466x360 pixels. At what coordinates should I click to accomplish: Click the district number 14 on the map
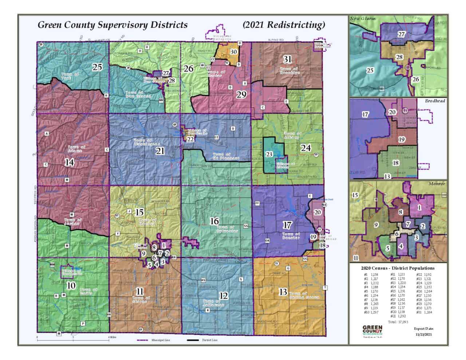tap(70, 162)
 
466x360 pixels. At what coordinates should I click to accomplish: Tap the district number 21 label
tap(161, 151)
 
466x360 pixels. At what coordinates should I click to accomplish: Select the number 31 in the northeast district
tap(288, 59)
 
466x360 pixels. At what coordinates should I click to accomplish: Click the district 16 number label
tap(214, 221)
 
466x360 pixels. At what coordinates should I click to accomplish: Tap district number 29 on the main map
tap(241, 95)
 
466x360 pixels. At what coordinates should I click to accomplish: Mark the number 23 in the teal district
tap(269, 154)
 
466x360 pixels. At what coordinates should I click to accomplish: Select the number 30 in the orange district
tap(233, 52)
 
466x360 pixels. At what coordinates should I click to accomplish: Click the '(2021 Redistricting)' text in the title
tap(283, 25)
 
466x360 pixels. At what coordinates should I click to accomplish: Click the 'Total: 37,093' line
tap(396, 322)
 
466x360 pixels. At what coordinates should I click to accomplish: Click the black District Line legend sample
tap(194, 341)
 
